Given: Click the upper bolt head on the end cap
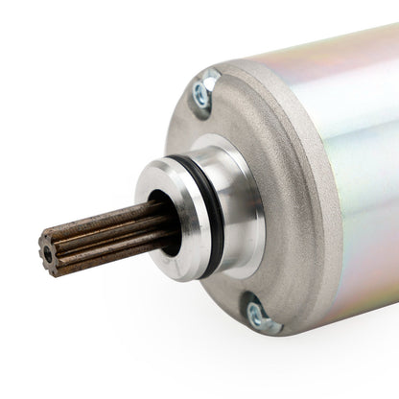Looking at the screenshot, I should point(202,92).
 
